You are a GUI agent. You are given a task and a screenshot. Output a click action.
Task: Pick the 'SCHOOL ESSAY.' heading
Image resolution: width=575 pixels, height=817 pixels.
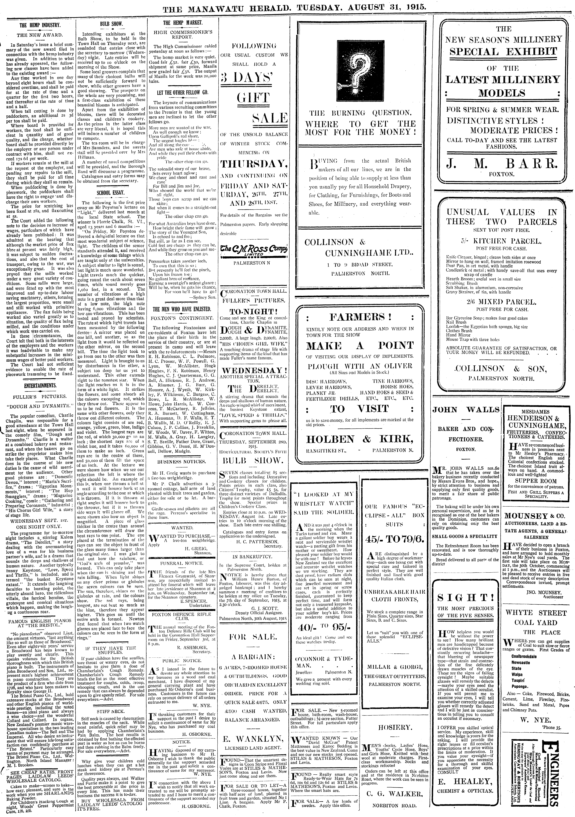(x=111, y=192)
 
